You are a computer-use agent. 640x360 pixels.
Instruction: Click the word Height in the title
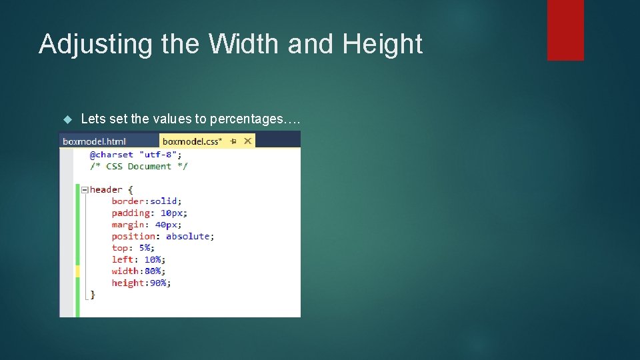pos(383,45)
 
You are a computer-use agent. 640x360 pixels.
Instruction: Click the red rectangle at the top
pos(565,29)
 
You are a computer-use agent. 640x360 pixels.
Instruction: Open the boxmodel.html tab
pos(94,141)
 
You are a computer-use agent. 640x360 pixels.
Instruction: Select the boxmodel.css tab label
pos(192,141)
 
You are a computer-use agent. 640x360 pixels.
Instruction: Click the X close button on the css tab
pos(247,141)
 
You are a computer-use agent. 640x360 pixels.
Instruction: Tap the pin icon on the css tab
pos(233,141)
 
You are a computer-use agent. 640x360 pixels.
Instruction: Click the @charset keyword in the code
pos(111,155)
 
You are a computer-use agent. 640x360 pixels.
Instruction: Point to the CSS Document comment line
pos(139,167)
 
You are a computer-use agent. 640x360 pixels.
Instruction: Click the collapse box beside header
pos(85,190)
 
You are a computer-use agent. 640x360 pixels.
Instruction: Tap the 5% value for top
pos(145,248)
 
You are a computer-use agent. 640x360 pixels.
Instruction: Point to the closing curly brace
pos(93,294)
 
